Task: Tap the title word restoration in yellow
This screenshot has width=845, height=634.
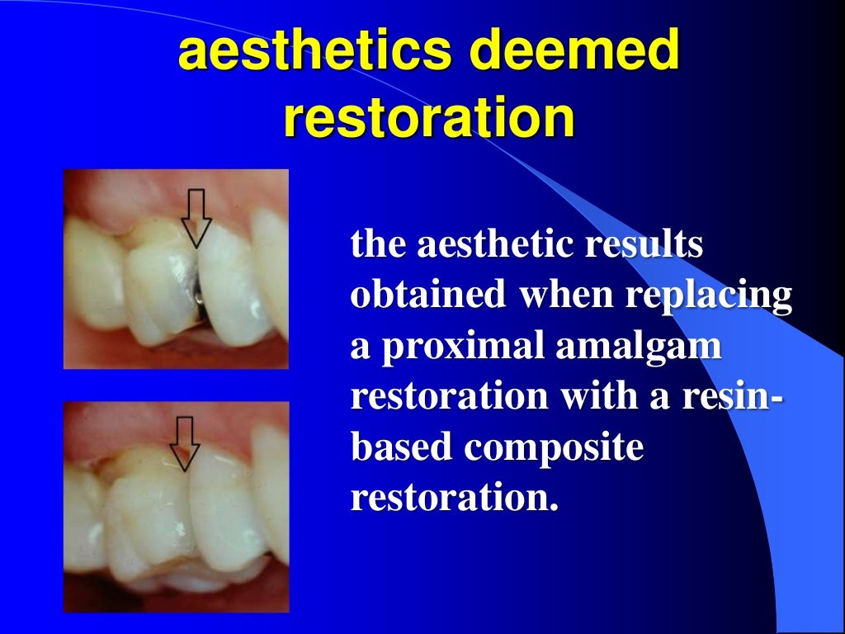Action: coord(428,117)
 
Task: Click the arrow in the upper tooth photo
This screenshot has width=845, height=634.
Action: coord(196,216)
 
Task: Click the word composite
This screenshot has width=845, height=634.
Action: coord(553,447)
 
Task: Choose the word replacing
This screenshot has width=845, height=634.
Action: coord(709,296)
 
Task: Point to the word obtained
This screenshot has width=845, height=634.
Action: coord(428,296)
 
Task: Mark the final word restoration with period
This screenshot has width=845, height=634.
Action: coord(450,498)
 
